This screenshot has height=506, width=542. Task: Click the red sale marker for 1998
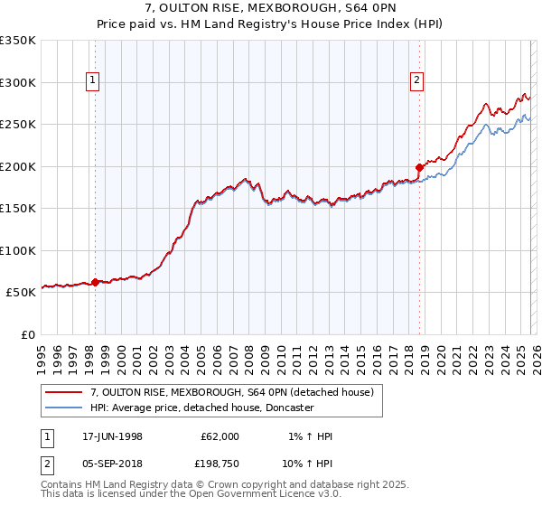(x=96, y=282)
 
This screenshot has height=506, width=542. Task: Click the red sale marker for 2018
(x=419, y=167)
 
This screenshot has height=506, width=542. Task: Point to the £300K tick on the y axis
(x=18, y=82)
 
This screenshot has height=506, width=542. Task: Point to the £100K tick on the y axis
(x=18, y=250)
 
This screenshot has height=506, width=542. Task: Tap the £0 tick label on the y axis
(x=27, y=334)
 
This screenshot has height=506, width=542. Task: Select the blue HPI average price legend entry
(x=201, y=408)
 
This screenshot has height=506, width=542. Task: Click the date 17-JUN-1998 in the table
(x=112, y=436)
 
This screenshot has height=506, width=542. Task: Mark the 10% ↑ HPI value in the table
(x=309, y=465)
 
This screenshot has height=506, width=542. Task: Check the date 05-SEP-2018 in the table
(x=112, y=465)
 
